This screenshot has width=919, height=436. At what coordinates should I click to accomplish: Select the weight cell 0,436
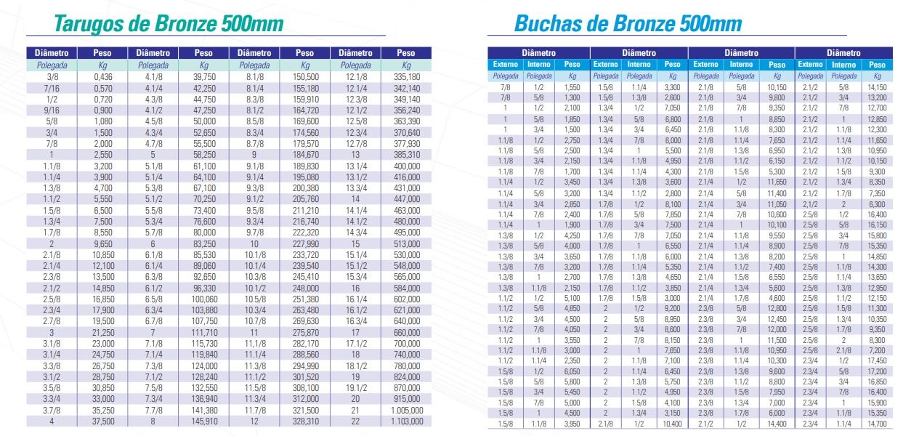pos(102,76)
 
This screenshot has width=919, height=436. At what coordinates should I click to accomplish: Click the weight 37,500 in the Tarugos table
pos(102,421)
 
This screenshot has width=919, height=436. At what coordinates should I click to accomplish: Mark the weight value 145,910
pos(205,421)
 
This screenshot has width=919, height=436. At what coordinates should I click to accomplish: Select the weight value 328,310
pos(305,421)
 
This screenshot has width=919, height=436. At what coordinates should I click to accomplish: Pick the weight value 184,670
pos(305,155)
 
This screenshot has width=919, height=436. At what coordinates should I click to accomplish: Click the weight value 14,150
pos(878,86)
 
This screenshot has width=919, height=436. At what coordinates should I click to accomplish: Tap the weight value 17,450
pos(878,360)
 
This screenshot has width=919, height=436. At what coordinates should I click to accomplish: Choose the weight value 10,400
pos(673,423)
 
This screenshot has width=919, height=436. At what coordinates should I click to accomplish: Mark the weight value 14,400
pos(777,423)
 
